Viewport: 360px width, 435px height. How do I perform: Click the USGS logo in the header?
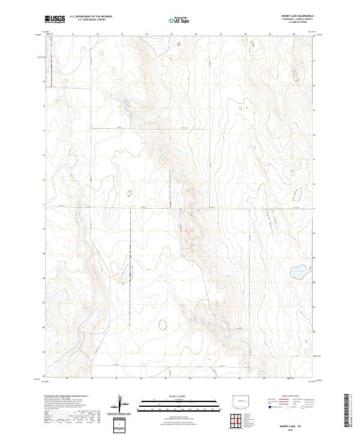(54, 19)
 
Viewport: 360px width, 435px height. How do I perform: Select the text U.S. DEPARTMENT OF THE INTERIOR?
(90, 17)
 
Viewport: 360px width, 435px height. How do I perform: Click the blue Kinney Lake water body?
(298, 273)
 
